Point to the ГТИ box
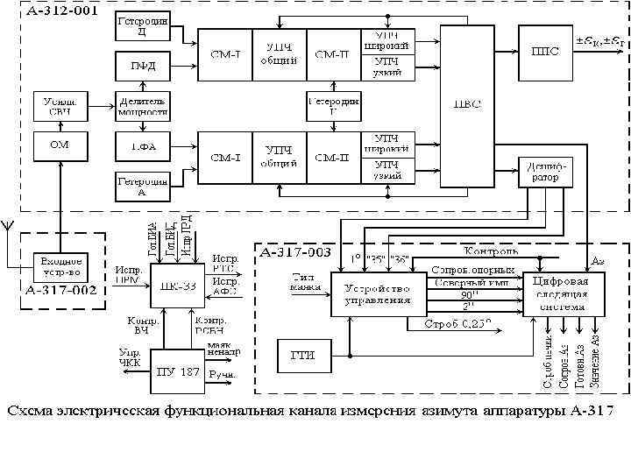303,355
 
